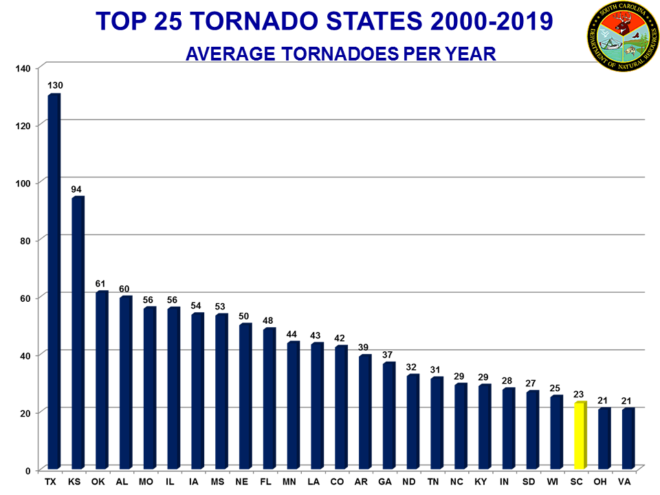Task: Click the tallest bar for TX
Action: (x=54, y=282)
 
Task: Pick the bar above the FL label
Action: (x=269, y=399)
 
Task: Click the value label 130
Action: (x=55, y=85)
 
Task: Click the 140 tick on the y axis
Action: (x=25, y=67)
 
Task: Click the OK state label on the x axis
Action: (x=98, y=481)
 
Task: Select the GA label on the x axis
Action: (x=386, y=481)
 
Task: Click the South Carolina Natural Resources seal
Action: (x=622, y=34)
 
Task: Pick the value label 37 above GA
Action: (x=388, y=354)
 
